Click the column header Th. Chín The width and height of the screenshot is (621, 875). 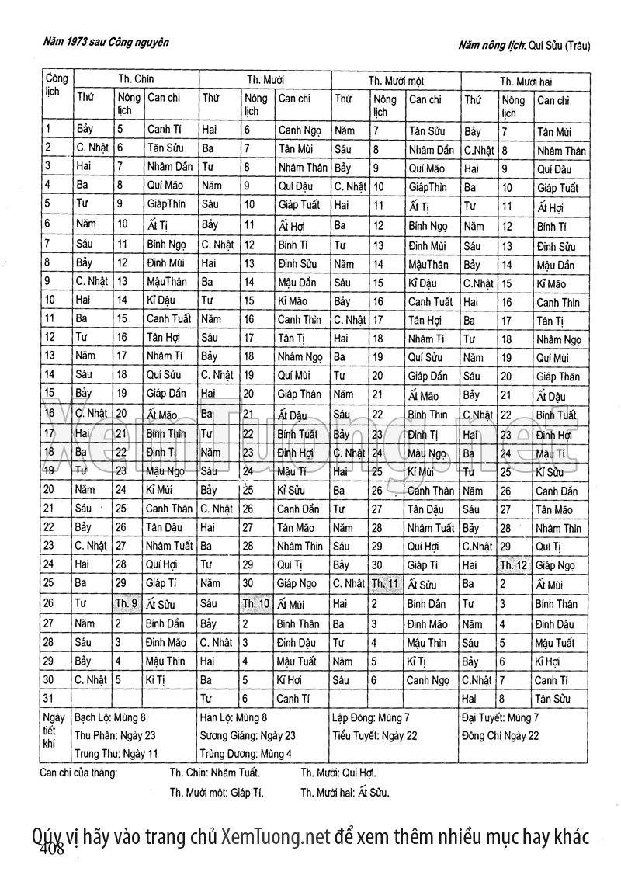tap(136, 79)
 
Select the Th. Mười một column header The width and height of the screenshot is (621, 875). tap(396, 80)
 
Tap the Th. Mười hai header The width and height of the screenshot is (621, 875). tap(526, 80)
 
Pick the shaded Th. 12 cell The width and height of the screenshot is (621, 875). tap(514, 565)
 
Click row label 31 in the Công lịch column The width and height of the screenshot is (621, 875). tap(49, 699)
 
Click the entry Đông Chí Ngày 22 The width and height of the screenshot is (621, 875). tap(500, 736)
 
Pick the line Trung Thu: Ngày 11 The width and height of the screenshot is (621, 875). tap(116, 753)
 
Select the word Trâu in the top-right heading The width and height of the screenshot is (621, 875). tap(576, 46)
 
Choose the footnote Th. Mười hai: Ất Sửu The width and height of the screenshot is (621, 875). tap(345, 793)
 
